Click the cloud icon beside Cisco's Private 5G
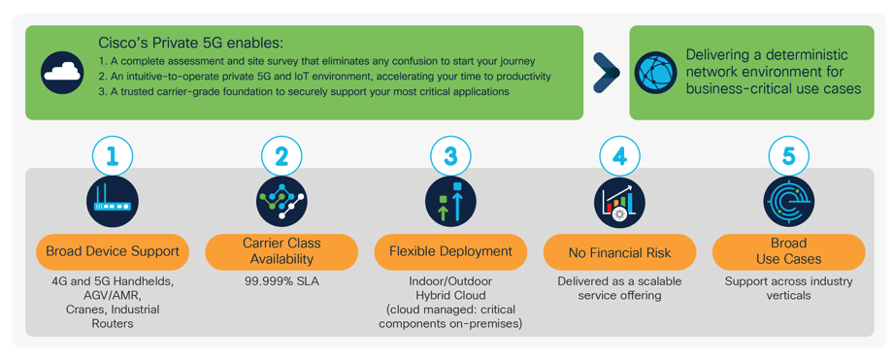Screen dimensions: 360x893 [x=62, y=73]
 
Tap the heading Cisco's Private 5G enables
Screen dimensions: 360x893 [x=190, y=44]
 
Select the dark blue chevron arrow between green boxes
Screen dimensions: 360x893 [x=607, y=73]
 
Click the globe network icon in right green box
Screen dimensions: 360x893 [x=655, y=73]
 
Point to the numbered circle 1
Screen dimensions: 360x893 [x=113, y=155]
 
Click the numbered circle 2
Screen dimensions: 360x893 [x=281, y=155]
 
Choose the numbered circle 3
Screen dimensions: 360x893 [x=450, y=155]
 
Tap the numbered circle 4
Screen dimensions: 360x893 [x=619, y=155]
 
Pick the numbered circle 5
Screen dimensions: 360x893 [x=788, y=155]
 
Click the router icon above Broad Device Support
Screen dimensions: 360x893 [x=113, y=202]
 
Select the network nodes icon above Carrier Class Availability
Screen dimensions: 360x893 [x=281, y=202]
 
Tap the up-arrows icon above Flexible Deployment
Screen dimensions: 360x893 [x=450, y=202]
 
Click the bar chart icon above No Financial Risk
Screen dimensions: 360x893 [x=619, y=202]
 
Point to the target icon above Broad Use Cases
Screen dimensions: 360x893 [x=788, y=202]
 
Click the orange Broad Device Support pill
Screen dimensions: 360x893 [x=113, y=251]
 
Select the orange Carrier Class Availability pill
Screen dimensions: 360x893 [x=281, y=251]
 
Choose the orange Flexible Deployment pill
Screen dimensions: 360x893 [x=450, y=251]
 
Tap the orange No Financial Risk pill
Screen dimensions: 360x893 [x=619, y=252]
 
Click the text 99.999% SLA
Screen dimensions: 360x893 [x=281, y=282]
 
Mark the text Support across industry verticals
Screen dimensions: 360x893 [x=788, y=288]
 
